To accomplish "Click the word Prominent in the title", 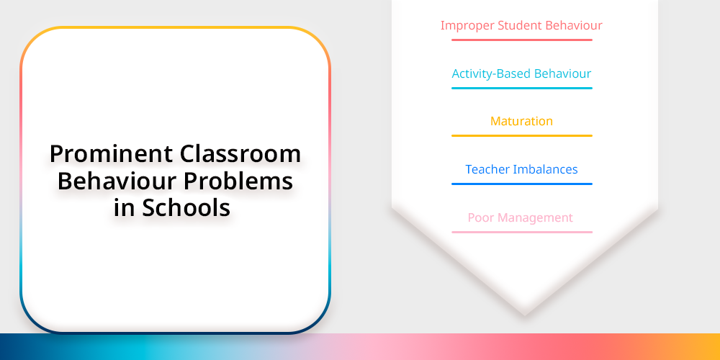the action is (111, 154).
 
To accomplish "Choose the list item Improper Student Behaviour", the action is (521, 26).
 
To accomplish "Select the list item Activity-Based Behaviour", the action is (521, 73).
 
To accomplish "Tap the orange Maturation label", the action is (521, 121).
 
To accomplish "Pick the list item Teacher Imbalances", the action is (521, 169).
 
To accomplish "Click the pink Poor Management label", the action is (521, 217).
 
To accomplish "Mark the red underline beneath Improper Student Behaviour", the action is (521, 40).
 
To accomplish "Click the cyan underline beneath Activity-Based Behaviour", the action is (521, 88).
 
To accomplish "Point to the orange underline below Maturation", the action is (521, 136).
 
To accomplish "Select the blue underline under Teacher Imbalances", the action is (521, 184).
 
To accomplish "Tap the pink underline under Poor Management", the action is (521, 233).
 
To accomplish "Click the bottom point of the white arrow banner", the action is (525, 315).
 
